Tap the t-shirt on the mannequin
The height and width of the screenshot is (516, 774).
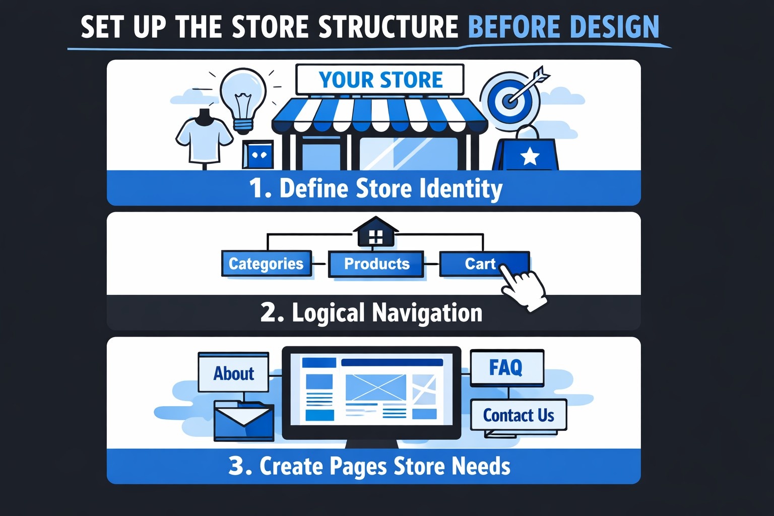(x=204, y=139)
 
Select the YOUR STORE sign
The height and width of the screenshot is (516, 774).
(x=380, y=80)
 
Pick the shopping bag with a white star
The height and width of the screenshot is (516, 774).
(x=527, y=154)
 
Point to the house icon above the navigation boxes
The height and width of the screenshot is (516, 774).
(x=375, y=233)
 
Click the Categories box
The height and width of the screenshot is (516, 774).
(x=266, y=264)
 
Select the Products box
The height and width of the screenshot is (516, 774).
(x=376, y=264)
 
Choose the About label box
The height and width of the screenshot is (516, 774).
(x=233, y=373)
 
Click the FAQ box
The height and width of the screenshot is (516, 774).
(x=506, y=367)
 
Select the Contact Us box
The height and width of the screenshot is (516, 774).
(x=519, y=415)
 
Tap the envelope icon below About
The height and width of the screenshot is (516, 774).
(x=244, y=420)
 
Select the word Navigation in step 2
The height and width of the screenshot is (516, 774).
(x=427, y=313)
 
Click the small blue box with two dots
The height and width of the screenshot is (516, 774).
(x=259, y=155)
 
